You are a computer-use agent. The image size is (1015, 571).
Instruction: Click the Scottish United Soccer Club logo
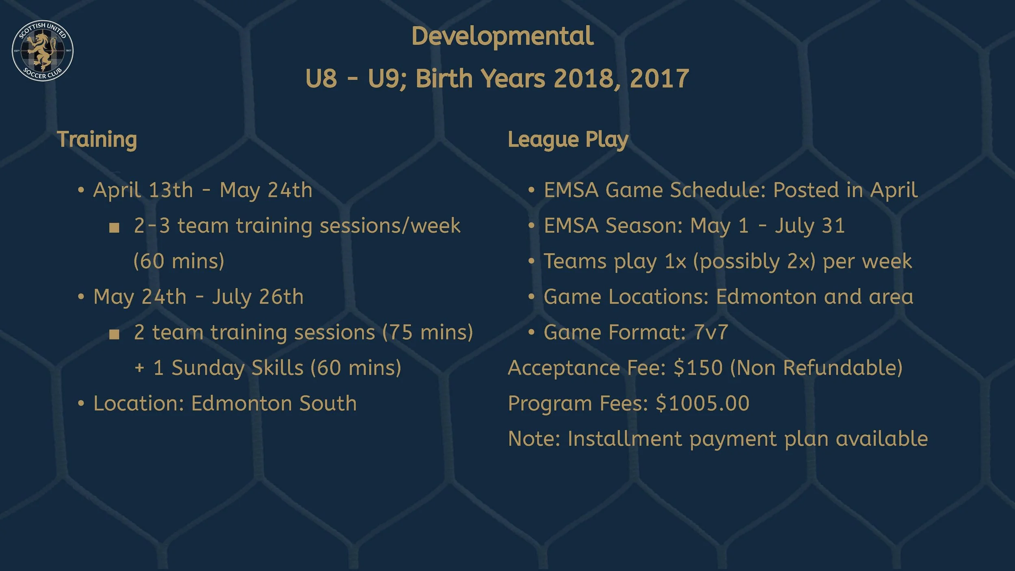(43, 50)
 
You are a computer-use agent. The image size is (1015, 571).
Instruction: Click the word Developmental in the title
(502, 37)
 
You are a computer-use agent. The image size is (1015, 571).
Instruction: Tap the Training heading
(97, 140)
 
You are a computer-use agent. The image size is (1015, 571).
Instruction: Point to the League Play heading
(568, 140)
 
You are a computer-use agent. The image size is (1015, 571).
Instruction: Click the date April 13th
(143, 190)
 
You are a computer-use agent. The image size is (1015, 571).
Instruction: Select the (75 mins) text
(428, 332)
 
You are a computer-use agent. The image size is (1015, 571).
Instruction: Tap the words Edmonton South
(274, 403)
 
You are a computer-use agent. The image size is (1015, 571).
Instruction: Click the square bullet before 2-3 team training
(114, 227)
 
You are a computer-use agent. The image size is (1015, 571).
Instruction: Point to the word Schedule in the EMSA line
(717, 190)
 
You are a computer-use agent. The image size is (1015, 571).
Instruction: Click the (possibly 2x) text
(754, 261)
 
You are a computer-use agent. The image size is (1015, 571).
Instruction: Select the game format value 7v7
(711, 332)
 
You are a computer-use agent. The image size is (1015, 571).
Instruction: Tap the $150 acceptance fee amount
(698, 368)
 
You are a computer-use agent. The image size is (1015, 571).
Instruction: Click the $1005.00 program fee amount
(702, 403)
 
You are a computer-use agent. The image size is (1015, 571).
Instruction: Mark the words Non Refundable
(816, 368)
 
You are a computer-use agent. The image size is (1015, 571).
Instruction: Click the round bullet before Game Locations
(531, 297)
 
